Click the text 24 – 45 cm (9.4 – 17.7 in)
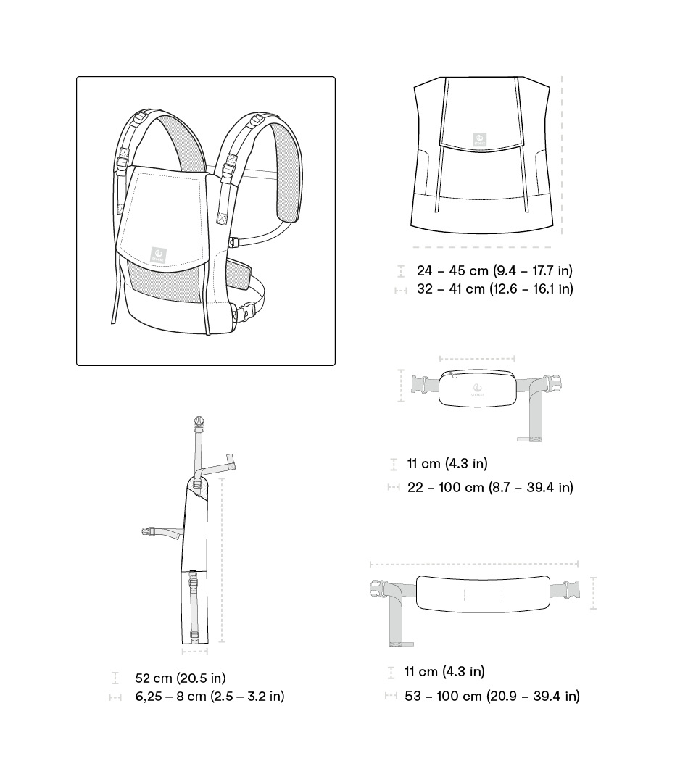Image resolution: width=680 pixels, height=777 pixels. [494, 271]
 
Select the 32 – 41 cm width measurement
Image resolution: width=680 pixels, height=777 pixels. [494, 289]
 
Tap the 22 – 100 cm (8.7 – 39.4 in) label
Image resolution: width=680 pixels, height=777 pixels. [489, 488]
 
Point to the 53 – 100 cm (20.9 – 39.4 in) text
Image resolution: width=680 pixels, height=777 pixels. [492, 697]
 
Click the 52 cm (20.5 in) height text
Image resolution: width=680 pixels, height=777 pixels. [180, 678]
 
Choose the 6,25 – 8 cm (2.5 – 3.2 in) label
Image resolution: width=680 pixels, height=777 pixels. [209, 697]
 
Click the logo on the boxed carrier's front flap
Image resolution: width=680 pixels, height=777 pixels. [157, 253]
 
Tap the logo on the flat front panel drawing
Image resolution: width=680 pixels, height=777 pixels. [480, 139]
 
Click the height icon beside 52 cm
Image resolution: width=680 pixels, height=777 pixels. [115, 678]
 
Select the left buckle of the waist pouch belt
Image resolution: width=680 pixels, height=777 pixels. [420, 383]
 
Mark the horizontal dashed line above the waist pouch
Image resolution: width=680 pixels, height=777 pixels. [477, 358]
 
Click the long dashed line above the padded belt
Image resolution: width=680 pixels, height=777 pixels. [474, 564]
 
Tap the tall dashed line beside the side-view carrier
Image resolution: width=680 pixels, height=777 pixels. [222, 560]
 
